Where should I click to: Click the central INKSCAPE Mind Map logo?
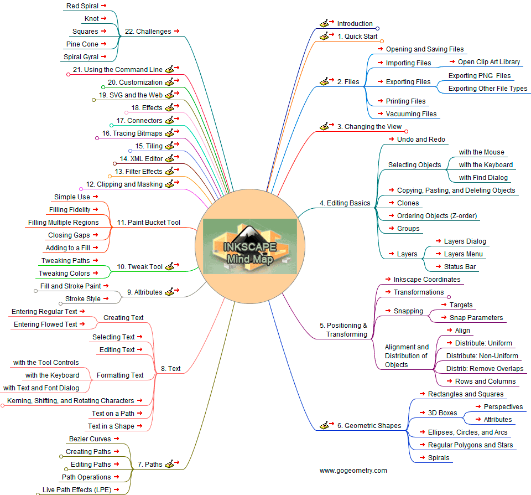(x=250, y=246)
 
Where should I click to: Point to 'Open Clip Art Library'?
(x=489, y=62)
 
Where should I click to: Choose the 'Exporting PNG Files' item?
(x=480, y=76)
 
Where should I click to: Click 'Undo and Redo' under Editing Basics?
(x=421, y=140)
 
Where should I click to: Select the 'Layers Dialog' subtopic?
(x=465, y=241)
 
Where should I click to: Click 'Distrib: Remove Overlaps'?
(x=485, y=369)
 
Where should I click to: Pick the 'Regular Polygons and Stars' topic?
(x=470, y=445)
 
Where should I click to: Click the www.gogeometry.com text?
(x=353, y=471)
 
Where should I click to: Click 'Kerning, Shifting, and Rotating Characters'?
(x=70, y=401)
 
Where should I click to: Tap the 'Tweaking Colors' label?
(x=64, y=274)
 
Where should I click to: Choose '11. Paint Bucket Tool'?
(x=148, y=223)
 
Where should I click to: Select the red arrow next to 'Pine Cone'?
(x=103, y=44)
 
